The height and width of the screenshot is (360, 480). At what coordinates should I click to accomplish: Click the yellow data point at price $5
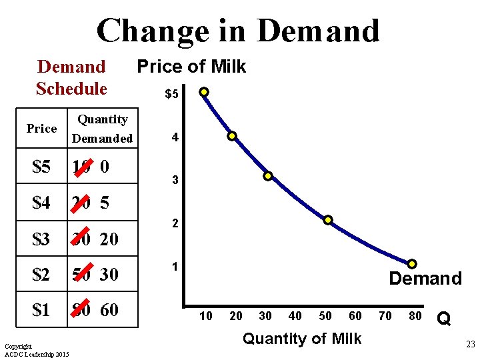(204, 92)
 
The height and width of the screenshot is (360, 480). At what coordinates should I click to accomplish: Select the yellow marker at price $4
(232, 136)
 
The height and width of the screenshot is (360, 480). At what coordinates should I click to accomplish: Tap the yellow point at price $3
(267, 177)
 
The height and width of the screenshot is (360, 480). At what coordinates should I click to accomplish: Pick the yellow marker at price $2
(328, 220)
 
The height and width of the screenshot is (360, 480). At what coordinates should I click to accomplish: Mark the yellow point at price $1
(412, 264)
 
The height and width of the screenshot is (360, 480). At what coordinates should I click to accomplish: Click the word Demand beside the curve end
(425, 279)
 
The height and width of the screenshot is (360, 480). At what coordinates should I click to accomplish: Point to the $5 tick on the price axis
(171, 95)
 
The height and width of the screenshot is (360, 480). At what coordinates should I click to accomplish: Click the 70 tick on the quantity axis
(385, 315)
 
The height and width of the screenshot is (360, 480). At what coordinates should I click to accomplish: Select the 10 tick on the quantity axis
(206, 315)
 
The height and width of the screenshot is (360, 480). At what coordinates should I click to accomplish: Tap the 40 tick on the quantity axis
(295, 315)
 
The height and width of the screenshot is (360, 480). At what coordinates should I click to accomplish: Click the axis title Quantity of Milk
(302, 339)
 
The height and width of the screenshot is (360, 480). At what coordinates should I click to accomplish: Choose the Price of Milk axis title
(191, 67)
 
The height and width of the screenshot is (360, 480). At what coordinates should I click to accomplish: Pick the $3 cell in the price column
(41, 239)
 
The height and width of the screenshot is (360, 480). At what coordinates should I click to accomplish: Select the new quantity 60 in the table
(110, 310)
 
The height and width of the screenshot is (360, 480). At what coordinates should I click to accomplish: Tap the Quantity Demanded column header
(103, 129)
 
